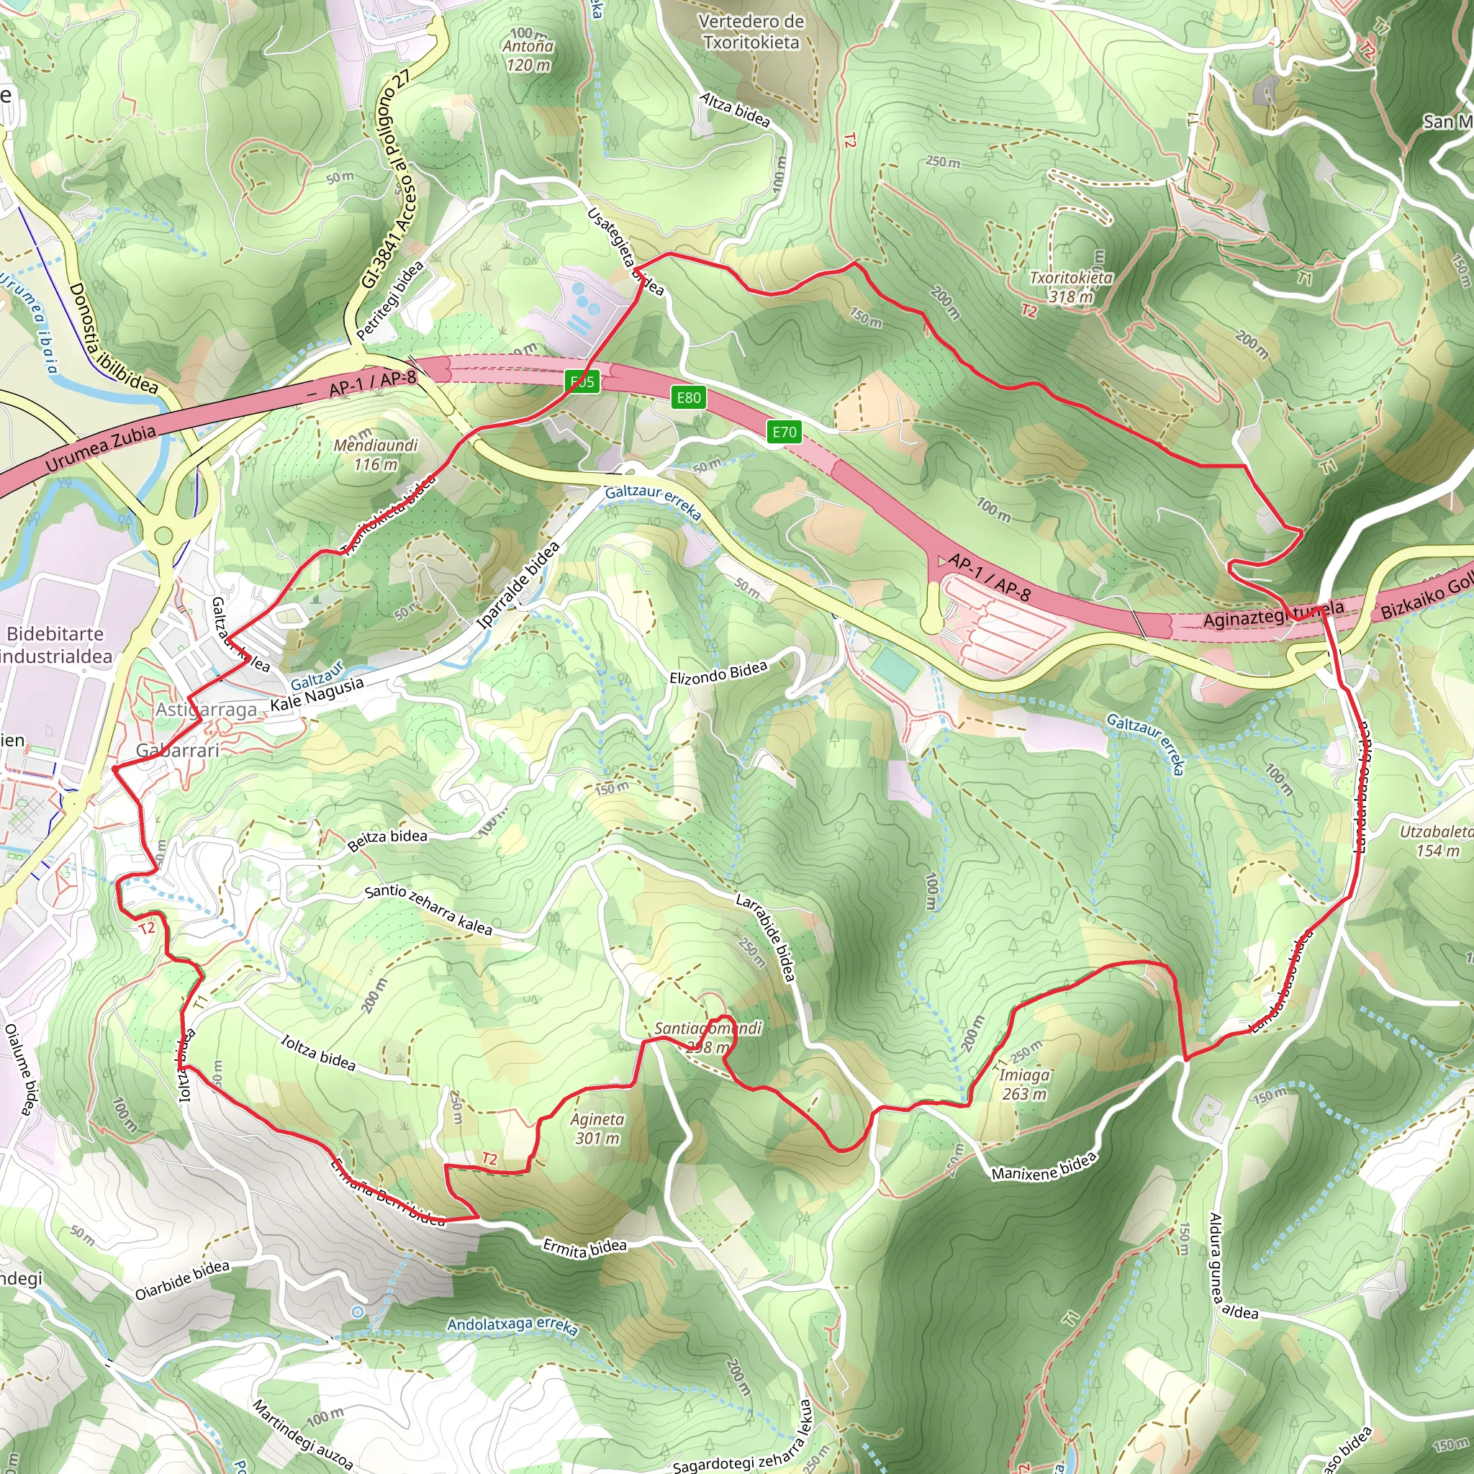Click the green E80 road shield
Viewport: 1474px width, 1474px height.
coord(688,397)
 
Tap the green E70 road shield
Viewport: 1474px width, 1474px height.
coord(785,433)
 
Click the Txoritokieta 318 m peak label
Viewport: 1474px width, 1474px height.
coord(1070,287)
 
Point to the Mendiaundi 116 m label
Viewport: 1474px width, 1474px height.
coord(376,455)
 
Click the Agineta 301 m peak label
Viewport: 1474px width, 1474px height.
coord(597,1129)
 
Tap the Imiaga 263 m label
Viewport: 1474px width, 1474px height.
coord(1024,1084)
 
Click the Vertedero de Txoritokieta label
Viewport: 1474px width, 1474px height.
coord(751,32)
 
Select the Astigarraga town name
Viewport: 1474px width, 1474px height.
coord(207,710)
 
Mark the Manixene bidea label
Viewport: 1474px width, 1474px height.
coord(1044,1166)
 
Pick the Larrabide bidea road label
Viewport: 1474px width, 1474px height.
coord(765,936)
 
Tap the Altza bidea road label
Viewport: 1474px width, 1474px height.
coord(735,109)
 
